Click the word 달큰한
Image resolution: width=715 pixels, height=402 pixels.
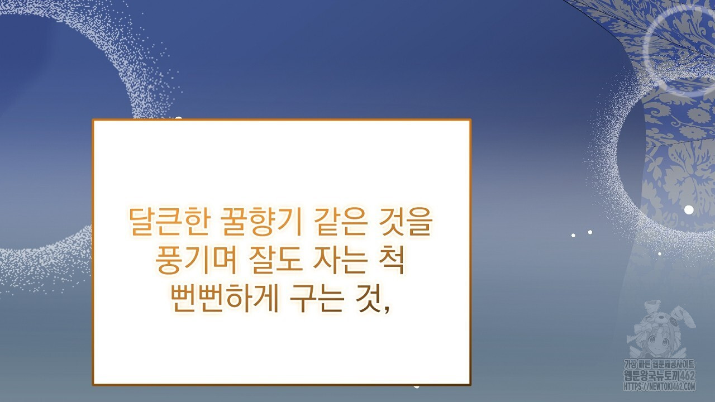click(x=169, y=222)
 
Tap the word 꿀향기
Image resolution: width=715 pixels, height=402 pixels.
click(x=261, y=222)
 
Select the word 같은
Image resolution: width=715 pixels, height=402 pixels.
click(x=339, y=222)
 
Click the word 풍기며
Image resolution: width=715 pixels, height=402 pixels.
click(x=196, y=260)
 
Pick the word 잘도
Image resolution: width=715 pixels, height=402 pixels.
click(x=275, y=260)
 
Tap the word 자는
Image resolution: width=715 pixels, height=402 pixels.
click(x=340, y=260)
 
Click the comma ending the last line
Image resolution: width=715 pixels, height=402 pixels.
click(x=387, y=309)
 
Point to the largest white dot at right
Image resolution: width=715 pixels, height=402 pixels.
click(x=689, y=209)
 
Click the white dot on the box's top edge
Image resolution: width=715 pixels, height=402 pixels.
click(x=178, y=119)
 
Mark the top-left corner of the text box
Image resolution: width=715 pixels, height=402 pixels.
click(x=93, y=119)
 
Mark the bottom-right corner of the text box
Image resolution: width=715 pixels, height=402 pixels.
click(x=471, y=385)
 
